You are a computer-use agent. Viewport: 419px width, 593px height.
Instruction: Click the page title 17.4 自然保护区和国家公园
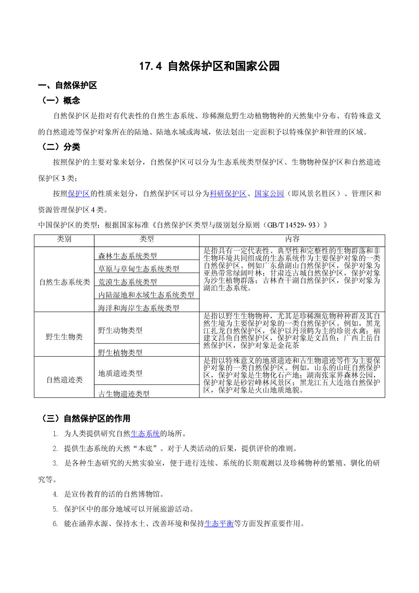[209, 66]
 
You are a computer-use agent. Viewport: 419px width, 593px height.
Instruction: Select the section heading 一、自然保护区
[68, 86]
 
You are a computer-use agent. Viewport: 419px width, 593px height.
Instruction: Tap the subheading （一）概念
[59, 100]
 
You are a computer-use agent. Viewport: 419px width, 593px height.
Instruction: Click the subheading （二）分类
[59, 147]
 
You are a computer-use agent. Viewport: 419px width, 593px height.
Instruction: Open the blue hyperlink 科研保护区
[228, 194]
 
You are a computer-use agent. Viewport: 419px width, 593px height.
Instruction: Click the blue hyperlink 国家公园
[269, 194]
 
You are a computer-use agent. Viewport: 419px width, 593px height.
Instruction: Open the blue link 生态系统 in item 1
[145, 434]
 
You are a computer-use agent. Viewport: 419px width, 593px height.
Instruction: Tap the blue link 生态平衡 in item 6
[219, 524]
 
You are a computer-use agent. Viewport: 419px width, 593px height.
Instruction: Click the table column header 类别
[64, 239]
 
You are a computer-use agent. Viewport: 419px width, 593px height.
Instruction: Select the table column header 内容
[292, 239]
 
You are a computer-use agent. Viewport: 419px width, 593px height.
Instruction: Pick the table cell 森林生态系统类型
[127, 256]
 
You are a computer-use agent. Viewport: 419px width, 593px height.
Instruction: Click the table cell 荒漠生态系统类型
[127, 282]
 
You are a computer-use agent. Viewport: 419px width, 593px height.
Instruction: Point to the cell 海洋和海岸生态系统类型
[139, 308]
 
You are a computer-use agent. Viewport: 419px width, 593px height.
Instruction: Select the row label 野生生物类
[64, 337]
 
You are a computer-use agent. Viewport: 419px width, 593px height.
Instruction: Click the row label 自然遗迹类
[64, 380]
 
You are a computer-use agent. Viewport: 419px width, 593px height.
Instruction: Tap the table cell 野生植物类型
[120, 353]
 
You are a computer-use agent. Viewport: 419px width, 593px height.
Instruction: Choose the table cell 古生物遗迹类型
[124, 394]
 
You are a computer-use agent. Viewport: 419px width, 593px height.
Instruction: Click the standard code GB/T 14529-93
[291, 225]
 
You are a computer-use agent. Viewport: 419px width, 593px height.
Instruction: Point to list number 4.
[55, 494]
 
